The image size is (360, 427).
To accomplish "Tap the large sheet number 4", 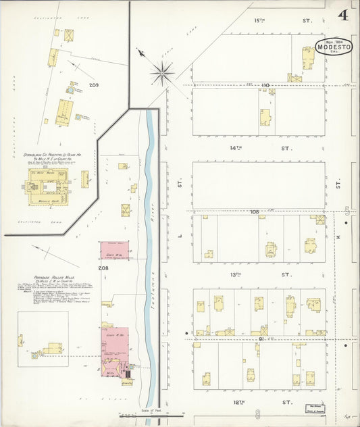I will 344,14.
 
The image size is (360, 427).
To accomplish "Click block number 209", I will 94,85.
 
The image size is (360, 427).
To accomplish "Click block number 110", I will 265,85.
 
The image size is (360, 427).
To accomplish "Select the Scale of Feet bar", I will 151,413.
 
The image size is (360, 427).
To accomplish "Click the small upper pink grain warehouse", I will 114,250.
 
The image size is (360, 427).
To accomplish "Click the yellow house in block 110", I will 266,117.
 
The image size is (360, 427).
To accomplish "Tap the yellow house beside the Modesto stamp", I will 308,64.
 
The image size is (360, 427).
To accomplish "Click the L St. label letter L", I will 180,236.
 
